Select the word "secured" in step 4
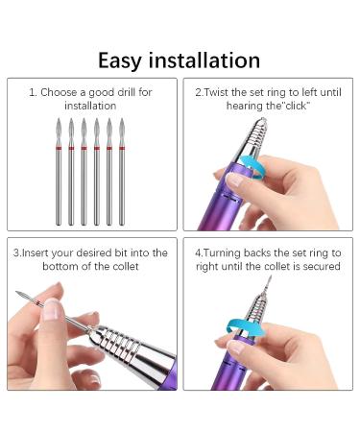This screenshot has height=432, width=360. click(x=321, y=266)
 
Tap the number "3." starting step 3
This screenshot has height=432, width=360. click(x=17, y=252)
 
